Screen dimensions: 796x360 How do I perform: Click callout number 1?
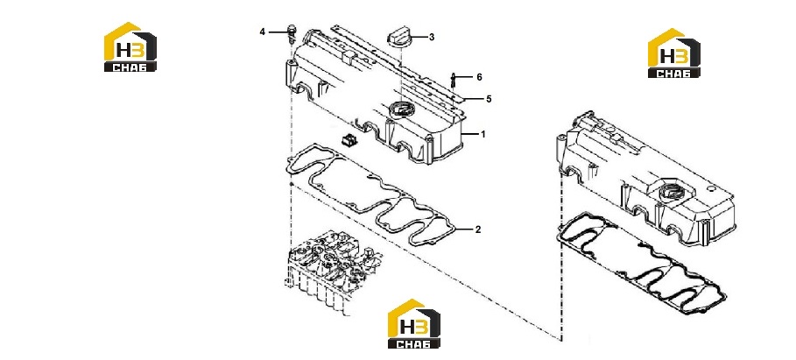(x=483, y=135)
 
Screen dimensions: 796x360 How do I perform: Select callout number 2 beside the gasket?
(x=478, y=229)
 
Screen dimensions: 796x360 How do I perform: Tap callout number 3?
(x=432, y=37)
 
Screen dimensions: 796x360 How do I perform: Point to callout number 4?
(x=263, y=32)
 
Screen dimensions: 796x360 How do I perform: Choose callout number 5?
(x=489, y=99)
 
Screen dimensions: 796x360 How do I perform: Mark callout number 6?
(x=479, y=77)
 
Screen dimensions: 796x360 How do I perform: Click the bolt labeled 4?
(x=292, y=32)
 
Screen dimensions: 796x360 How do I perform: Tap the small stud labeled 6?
(x=454, y=81)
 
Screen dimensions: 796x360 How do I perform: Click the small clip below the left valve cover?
(x=348, y=138)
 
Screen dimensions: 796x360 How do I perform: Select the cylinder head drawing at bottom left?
(x=330, y=272)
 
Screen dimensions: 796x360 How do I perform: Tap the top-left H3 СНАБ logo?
(x=130, y=46)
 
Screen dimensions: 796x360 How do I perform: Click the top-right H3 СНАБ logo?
(x=673, y=53)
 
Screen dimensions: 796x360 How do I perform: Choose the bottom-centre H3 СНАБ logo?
(x=413, y=323)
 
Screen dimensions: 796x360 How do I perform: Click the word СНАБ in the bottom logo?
(x=413, y=343)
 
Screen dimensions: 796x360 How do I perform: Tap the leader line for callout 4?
(x=278, y=32)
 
